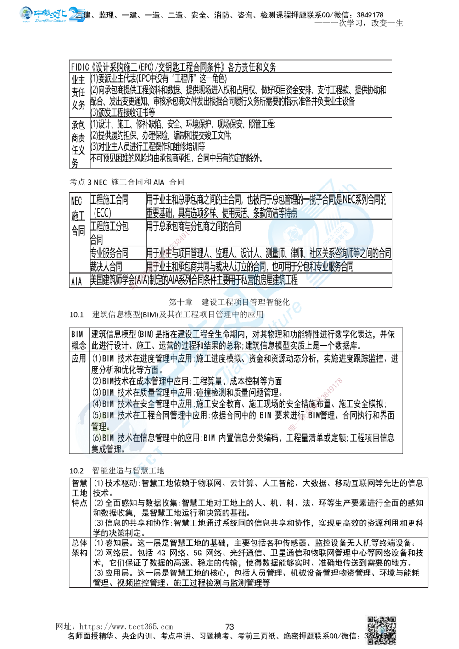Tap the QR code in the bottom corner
coord(382,630)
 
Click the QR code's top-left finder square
coord(371,620)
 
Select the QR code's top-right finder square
coord(393,620)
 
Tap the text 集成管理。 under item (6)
coord(108,449)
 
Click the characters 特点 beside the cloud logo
coord(289,214)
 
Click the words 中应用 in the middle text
coord(181,357)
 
